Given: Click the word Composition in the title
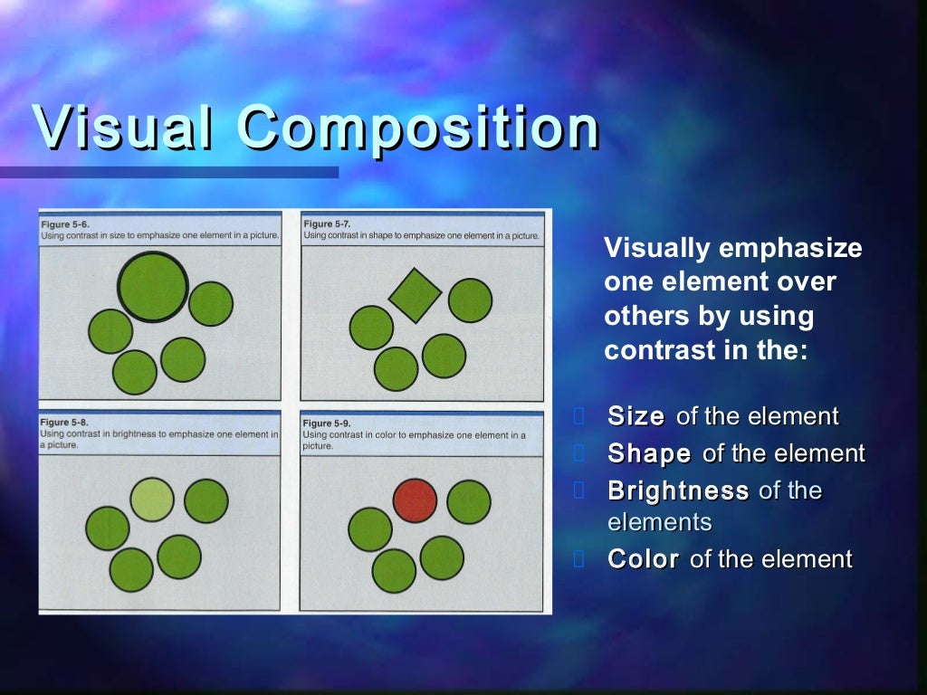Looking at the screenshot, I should click(x=417, y=129).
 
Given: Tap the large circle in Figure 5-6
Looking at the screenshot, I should click(x=153, y=286).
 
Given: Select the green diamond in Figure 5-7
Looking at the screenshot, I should click(x=415, y=295).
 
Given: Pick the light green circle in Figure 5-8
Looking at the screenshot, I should click(x=152, y=500).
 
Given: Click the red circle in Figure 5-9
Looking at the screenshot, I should click(x=415, y=500).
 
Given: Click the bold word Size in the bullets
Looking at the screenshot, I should click(x=636, y=416).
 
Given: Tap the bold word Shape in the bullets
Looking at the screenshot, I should click(x=649, y=453).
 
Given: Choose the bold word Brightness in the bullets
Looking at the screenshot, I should click(x=678, y=491).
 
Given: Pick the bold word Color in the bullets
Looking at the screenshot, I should click(x=643, y=559).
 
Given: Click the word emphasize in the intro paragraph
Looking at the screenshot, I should click(x=790, y=248).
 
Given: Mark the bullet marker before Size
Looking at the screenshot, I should click(x=580, y=416).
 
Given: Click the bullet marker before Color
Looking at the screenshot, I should click(x=580, y=559).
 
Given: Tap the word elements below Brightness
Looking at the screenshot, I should click(x=659, y=522).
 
